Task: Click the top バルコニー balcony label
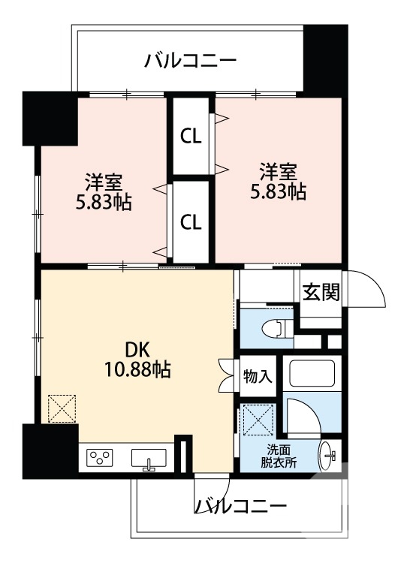click(x=191, y=60)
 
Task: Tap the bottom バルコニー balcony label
click(x=240, y=506)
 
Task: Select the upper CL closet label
click(x=191, y=137)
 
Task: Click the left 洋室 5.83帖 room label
click(x=104, y=192)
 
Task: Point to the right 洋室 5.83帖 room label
click(x=278, y=180)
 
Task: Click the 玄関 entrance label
click(x=321, y=293)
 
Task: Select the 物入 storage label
click(x=258, y=377)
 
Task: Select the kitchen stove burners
click(x=100, y=457)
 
